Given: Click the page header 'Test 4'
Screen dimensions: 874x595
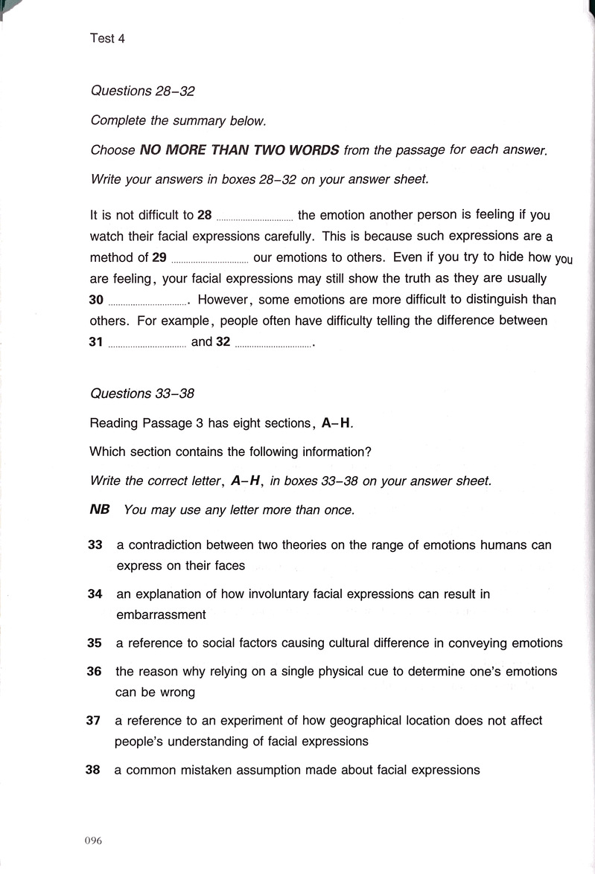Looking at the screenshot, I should tap(106, 39).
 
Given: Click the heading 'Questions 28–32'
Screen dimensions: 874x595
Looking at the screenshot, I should tap(142, 91).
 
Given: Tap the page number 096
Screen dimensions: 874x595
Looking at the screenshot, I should tap(92, 841).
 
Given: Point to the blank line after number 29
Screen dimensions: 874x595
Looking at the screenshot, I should tap(209, 260).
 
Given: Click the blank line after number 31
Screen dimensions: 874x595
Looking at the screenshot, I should tap(147, 344).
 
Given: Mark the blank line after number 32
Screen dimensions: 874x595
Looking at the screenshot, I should tap(273, 344).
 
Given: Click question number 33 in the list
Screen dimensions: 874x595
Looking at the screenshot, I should tap(95, 545).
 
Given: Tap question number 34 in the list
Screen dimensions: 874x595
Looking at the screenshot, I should tap(95, 594).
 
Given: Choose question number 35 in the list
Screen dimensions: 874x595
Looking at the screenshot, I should tap(95, 643).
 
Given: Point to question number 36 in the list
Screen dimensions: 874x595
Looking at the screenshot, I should tap(94, 672).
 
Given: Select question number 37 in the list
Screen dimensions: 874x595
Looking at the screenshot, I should tap(93, 721).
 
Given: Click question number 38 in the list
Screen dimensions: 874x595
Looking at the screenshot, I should tap(92, 771).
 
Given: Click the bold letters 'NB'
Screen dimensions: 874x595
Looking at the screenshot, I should tap(99, 510).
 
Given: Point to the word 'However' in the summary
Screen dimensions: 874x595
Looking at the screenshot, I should tap(226, 301).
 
